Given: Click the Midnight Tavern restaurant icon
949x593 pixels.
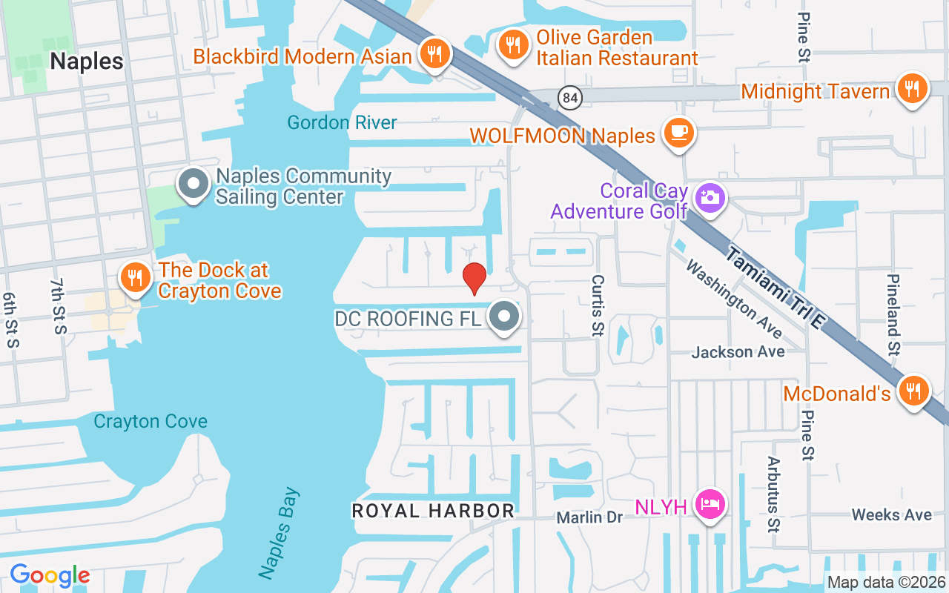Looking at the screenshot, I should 912,89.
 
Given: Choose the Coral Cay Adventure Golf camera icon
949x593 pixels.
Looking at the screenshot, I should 710,198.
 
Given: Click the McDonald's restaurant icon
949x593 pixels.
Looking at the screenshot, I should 913,391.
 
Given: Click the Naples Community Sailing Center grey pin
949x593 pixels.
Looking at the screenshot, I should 194,185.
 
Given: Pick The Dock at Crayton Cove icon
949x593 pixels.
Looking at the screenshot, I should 134,278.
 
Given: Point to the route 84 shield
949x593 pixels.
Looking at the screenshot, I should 569,97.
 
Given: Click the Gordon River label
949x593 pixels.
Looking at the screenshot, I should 343,122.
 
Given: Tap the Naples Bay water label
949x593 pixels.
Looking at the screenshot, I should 279,532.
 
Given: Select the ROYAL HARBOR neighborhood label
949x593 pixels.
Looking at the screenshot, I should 433,511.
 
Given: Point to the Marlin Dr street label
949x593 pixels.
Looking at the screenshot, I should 590,517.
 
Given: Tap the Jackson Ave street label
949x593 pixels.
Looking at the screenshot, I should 738,352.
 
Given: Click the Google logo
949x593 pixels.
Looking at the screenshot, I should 50,575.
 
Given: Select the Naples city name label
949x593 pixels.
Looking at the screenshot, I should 87,61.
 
